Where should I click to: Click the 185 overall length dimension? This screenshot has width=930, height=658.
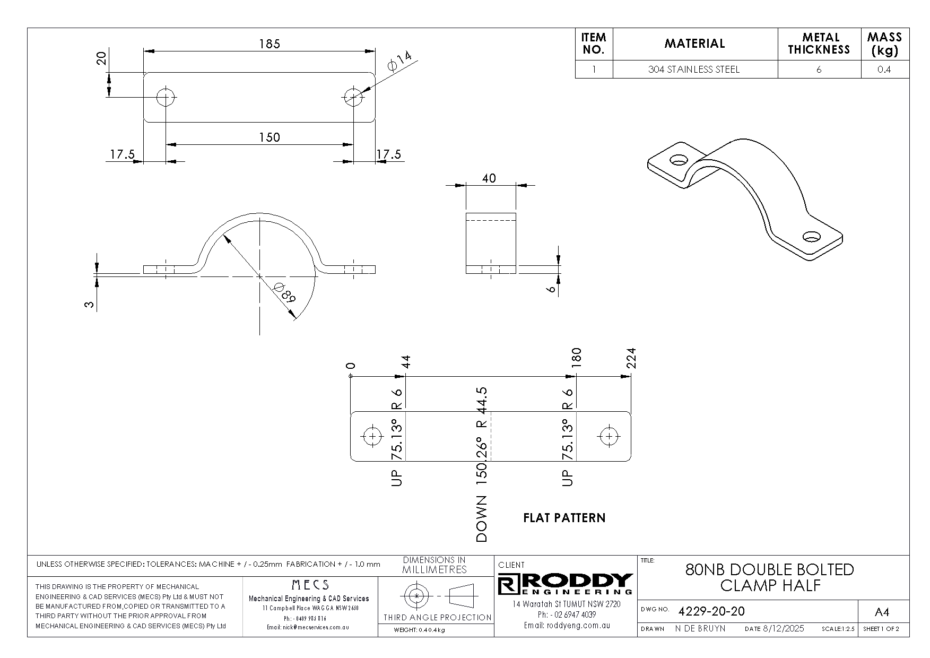pos(269,44)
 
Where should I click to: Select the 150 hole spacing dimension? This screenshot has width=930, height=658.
pos(269,137)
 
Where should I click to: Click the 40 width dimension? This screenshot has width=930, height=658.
pos(489,178)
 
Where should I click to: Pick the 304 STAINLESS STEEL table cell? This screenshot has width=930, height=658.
pos(694,70)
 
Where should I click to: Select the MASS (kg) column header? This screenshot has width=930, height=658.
pos(884,44)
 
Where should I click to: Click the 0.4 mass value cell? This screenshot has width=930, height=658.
pos(884,70)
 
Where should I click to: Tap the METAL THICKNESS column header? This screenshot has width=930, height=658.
pos(819,44)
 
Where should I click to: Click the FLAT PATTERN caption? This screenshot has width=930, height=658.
pos(564,518)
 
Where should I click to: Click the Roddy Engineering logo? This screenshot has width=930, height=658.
pos(566,584)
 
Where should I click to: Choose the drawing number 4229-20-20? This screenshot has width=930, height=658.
pos(711,611)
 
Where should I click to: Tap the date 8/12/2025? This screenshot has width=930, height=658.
pos(783,629)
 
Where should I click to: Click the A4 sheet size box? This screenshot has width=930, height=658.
pos(881,612)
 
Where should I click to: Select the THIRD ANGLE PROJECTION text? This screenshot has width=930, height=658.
pos(437,617)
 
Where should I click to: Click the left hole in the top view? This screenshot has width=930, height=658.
pos(166,97)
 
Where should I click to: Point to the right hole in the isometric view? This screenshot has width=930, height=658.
pos(812,236)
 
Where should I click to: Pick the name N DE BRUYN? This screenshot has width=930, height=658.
pos(700,629)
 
